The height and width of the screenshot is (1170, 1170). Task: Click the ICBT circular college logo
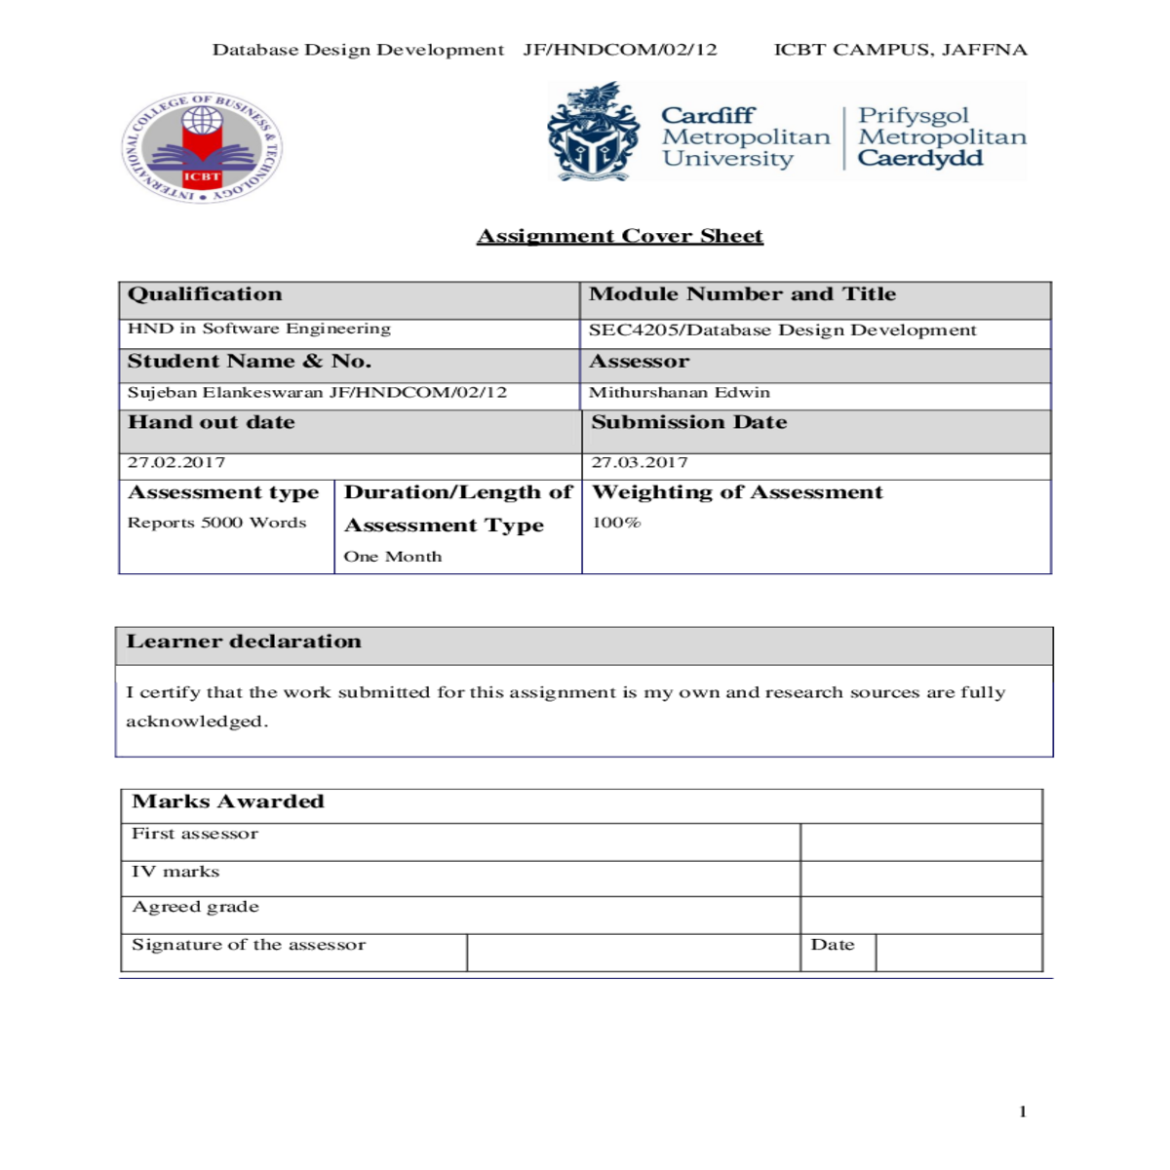[202, 148]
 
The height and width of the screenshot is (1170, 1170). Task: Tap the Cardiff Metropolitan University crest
[593, 133]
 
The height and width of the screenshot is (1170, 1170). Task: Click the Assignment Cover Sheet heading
[619, 236]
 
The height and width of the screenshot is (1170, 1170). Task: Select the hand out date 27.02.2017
[176, 462]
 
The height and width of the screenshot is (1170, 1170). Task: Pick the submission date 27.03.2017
[640, 462]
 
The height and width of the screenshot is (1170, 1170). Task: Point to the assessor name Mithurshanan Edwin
[680, 392]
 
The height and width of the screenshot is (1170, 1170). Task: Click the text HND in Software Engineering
[259, 329]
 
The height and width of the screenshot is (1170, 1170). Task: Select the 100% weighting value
[617, 523]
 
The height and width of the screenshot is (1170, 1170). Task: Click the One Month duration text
[393, 557]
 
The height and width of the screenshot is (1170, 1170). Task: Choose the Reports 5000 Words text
[216, 523]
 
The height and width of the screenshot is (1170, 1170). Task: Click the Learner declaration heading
[244, 642]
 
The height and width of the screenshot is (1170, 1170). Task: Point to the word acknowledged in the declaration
[196, 721]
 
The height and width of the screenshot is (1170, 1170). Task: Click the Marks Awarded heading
[228, 801]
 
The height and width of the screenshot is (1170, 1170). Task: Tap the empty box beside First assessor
[920, 841]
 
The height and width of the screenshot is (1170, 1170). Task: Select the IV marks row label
[175, 872]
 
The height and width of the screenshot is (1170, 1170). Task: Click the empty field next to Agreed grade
[920, 915]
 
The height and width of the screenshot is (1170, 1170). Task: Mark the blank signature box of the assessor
[633, 953]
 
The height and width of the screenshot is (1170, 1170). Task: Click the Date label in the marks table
[833, 945]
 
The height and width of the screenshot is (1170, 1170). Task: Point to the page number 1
[1023, 1111]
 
